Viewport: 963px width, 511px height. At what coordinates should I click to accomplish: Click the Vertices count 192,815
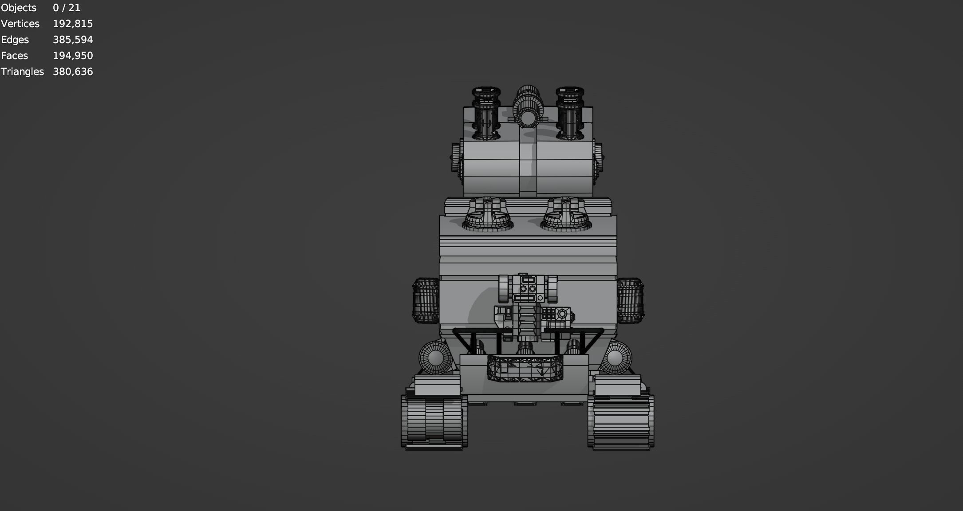[x=72, y=24]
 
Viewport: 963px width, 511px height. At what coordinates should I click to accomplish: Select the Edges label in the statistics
[x=15, y=40]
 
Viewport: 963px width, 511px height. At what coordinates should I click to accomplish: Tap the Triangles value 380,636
[x=72, y=72]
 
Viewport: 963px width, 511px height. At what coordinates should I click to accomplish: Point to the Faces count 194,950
[x=72, y=56]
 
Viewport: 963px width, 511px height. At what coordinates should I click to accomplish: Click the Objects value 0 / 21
[x=66, y=8]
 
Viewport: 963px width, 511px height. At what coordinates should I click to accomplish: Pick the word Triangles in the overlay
[x=22, y=72]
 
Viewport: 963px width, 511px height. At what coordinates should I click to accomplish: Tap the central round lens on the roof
[x=528, y=118]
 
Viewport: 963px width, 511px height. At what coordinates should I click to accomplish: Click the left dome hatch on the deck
[x=488, y=215]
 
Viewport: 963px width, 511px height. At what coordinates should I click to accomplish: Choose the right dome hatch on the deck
[x=566, y=215]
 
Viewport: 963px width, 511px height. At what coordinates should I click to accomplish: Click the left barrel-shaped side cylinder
[x=426, y=300]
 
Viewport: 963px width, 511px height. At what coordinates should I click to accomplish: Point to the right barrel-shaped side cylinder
[x=630, y=300]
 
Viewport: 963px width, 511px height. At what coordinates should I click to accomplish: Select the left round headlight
[x=435, y=358]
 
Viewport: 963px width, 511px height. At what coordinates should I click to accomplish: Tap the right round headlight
[x=615, y=358]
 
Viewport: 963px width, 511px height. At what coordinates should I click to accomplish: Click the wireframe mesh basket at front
[x=525, y=368]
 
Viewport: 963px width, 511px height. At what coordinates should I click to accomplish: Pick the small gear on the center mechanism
[x=562, y=314]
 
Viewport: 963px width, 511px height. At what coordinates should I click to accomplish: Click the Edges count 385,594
[x=72, y=40]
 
